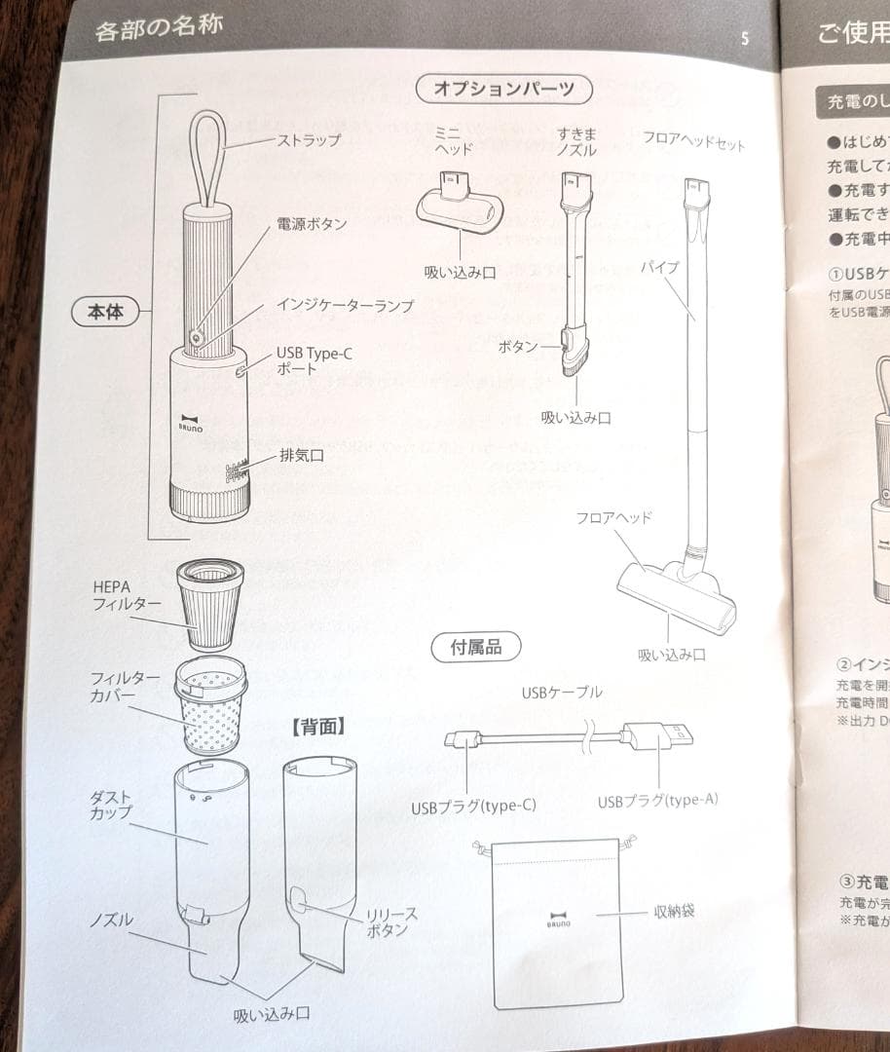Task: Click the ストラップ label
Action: tap(310, 140)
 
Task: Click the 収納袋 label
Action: tap(674, 913)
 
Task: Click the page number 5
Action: tap(745, 39)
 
